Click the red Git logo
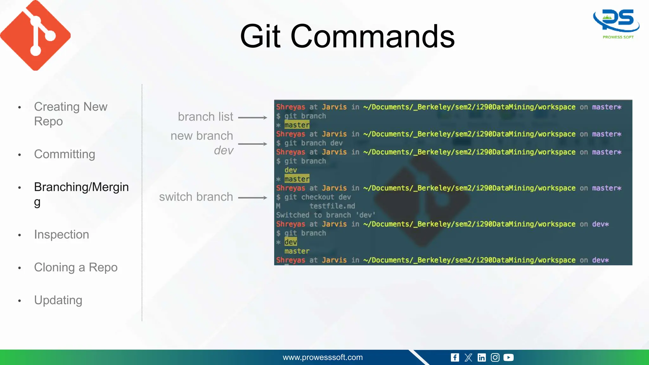click(x=35, y=35)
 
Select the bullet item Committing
click(x=65, y=154)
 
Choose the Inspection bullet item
click(x=61, y=234)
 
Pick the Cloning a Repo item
click(x=76, y=267)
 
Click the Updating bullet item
click(x=58, y=300)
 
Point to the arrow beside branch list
click(x=253, y=118)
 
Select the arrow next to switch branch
click(x=253, y=198)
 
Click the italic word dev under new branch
click(x=224, y=150)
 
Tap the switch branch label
click(x=196, y=197)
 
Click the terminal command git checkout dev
click(x=318, y=197)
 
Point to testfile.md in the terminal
click(x=332, y=206)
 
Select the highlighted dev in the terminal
click(x=291, y=242)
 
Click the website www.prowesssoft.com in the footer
click(x=323, y=357)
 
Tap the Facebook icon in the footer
click(x=455, y=358)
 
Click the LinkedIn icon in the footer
click(x=482, y=358)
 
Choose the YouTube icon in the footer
click(x=508, y=358)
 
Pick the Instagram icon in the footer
click(x=495, y=358)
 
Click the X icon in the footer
click(x=468, y=358)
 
